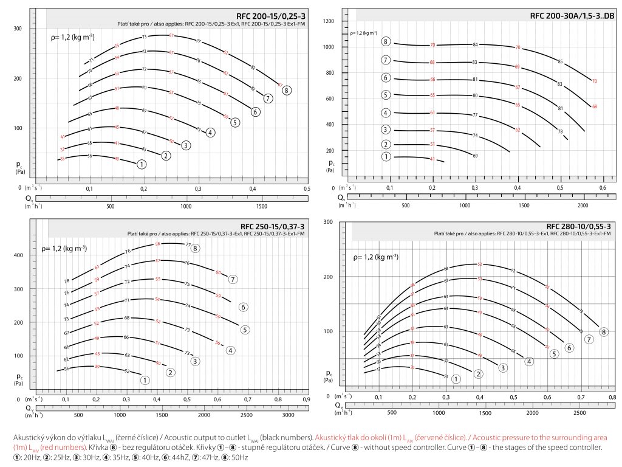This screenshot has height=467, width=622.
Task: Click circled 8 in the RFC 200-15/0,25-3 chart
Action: pyautogui.click(x=287, y=90)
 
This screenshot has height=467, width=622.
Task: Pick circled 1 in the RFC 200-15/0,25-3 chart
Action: pyautogui.click(x=141, y=164)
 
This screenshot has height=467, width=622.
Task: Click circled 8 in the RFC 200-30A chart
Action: pyautogui.click(x=386, y=41)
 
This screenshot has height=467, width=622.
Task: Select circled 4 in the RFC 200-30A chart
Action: pyautogui.click(x=386, y=113)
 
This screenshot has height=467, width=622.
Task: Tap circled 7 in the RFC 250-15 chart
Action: pyautogui.click(x=232, y=279)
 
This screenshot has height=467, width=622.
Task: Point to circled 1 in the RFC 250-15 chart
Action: pyautogui.click(x=145, y=380)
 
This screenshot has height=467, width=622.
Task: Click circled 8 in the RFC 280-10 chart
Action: pyautogui.click(x=603, y=332)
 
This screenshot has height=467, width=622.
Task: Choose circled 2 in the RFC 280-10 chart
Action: pyautogui.click(x=478, y=374)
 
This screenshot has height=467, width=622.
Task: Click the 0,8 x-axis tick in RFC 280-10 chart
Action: pyautogui.click(x=612, y=396)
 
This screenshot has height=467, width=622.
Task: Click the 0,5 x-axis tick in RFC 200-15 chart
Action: pyautogui.click(x=306, y=190)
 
